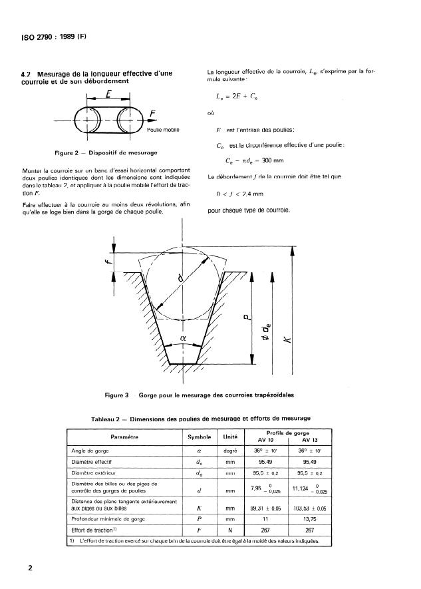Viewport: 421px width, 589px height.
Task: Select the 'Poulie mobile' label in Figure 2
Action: pyautogui.click(x=162, y=130)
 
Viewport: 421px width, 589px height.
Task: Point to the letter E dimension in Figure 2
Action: pyautogui.click(x=107, y=95)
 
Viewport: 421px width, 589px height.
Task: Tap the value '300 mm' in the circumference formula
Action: pyautogui.click(x=274, y=161)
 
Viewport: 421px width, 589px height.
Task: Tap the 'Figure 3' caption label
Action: pyautogui.click(x=117, y=395)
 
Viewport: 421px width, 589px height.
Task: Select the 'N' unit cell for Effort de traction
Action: pyautogui.click(x=231, y=530)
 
